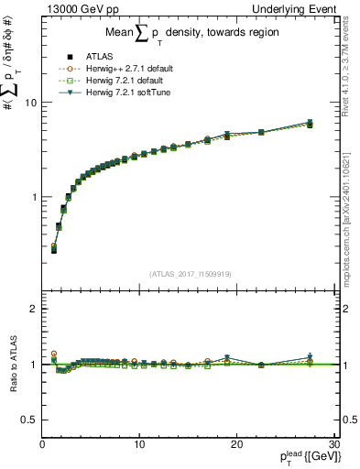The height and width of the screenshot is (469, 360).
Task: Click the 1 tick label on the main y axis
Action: click(x=34, y=197)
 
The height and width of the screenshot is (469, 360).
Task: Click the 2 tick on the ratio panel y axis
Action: click(x=34, y=309)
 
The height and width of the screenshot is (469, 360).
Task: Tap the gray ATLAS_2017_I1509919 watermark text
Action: click(x=189, y=273)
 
